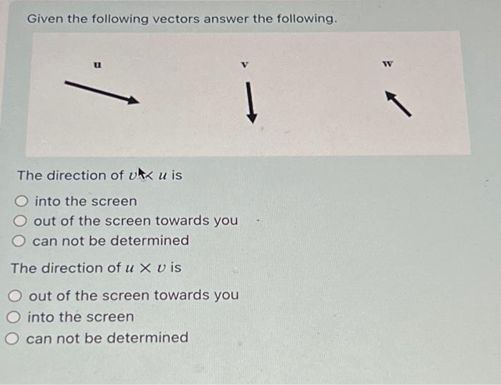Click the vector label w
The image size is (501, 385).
click(x=389, y=65)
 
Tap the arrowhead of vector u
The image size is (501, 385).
click(x=133, y=101)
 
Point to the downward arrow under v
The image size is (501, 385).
click(x=250, y=102)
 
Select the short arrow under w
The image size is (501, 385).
click(x=400, y=103)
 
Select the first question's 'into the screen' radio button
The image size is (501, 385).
click(x=24, y=201)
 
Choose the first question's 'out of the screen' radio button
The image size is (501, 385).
click(x=22, y=220)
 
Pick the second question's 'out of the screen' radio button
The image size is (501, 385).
click(x=17, y=295)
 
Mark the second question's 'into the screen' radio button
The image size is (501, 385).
click(x=15, y=316)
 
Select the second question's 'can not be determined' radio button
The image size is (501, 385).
click(x=14, y=337)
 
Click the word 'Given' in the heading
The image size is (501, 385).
click(x=44, y=19)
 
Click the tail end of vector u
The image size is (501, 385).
click(x=67, y=83)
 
